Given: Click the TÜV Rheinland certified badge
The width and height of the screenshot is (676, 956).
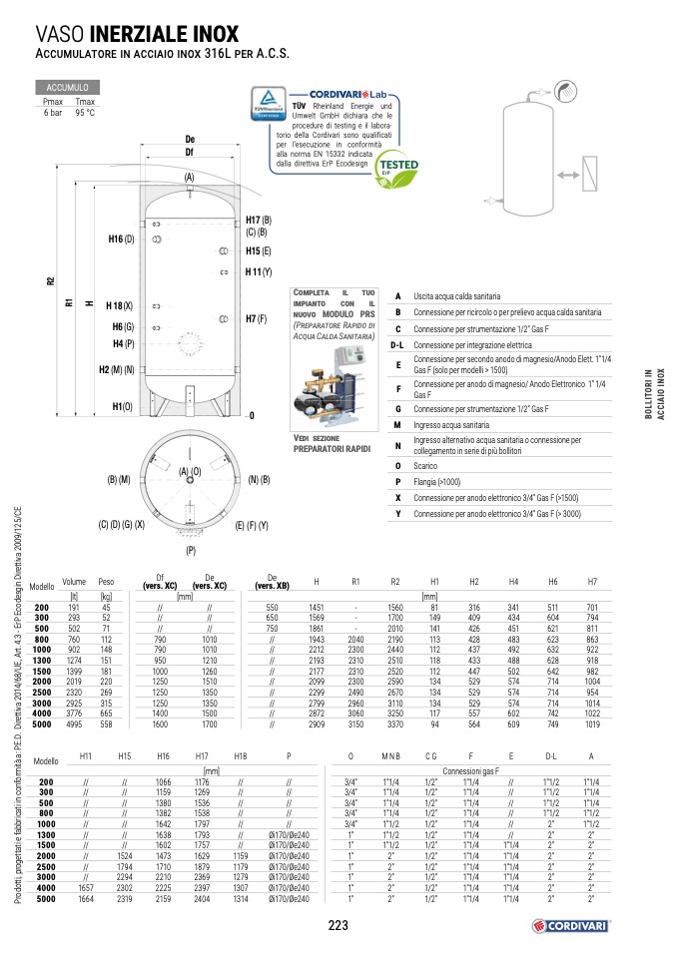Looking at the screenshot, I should (x=269, y=105).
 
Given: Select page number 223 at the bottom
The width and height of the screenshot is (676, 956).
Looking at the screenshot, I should (x=338, y=926).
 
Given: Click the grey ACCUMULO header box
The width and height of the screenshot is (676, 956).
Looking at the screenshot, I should (x=67, y=89).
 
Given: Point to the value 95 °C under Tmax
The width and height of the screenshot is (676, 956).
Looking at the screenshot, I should (x=85, y=112).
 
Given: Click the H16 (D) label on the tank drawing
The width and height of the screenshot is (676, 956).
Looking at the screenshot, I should (x=121, y=239).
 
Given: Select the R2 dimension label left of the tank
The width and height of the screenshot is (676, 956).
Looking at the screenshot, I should (x=51, y=281).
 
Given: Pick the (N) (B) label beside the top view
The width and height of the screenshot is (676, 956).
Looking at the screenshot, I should (x=259, y=480).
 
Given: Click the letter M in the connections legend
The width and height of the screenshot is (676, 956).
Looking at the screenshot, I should (x=397, y=425).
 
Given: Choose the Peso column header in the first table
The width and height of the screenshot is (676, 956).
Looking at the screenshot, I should (x=107, y=581).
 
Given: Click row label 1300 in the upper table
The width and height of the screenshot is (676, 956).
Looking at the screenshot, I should (x=42, y=660).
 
